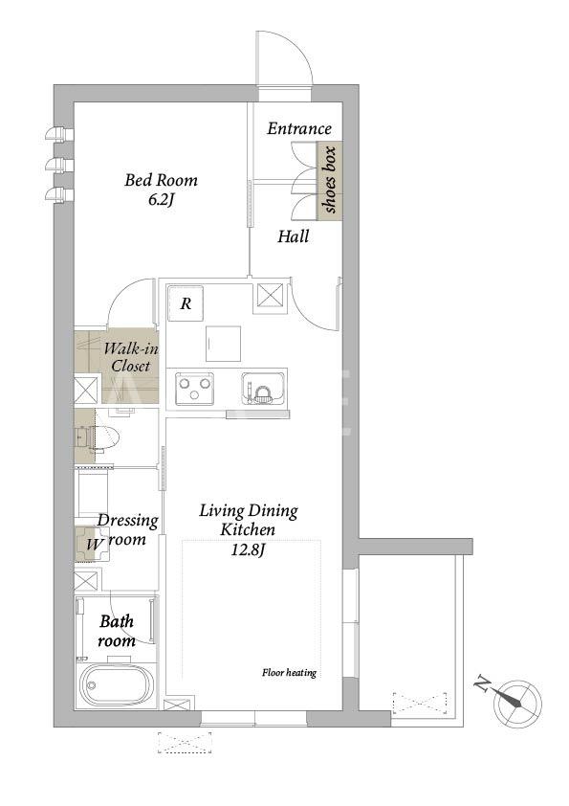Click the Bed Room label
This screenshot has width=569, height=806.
(x=161, y=180)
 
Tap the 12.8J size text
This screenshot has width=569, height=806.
(x=248, y=550)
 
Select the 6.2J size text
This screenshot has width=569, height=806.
(x=162, y=199)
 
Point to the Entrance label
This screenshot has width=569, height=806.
(x=299, y=128)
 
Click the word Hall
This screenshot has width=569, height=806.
(x=294, y=236)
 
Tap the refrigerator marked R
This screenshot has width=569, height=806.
(x=186, y=303)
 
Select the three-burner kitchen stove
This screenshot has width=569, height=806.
(x=195, y=389)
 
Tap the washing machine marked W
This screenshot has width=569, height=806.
(x=93, y=544)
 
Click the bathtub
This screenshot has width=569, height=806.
(x=116, y=685)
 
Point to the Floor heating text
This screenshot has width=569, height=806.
(x=289, y=672)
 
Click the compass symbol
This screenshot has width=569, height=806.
(x=517, y=704)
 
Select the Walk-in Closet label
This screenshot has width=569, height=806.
(x=131, y=357)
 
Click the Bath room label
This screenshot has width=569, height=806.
(x=117, y=631)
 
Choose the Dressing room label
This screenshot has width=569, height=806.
(x=127, y=529)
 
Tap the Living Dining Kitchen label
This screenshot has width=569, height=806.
(x=249, y=520)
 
